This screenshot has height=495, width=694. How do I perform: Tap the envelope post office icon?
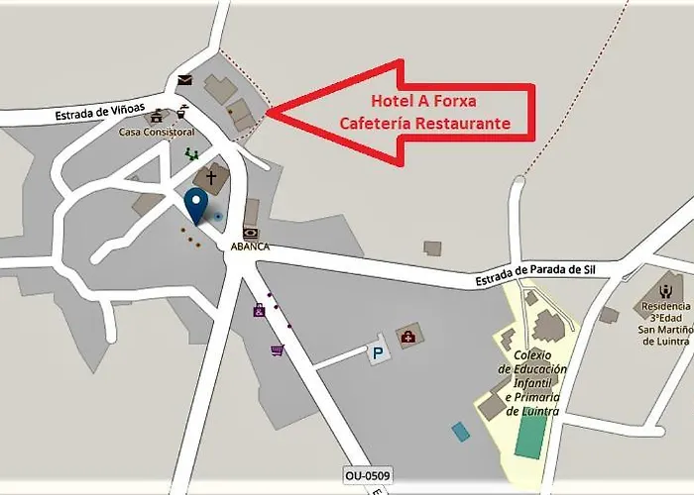tap(184, 80)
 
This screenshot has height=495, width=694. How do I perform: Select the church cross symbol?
tap(210, 178)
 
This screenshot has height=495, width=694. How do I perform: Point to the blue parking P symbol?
tap(377, 352)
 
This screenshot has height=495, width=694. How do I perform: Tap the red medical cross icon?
tap(407, 337)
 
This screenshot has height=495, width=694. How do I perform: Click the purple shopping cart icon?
tap(277, 348)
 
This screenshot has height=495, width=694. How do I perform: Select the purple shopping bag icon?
tap(259, 311)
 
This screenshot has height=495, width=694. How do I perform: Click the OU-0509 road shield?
tap(368, 476)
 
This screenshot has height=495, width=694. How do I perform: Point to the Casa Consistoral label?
tap(157, 132)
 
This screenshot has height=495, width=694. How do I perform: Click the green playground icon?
tap(191, 153)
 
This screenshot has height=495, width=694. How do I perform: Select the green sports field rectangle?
tap(531, 435)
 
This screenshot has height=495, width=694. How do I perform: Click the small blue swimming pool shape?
tap(461, 432)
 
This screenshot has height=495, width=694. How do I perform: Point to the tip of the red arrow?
tap(269, 113)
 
